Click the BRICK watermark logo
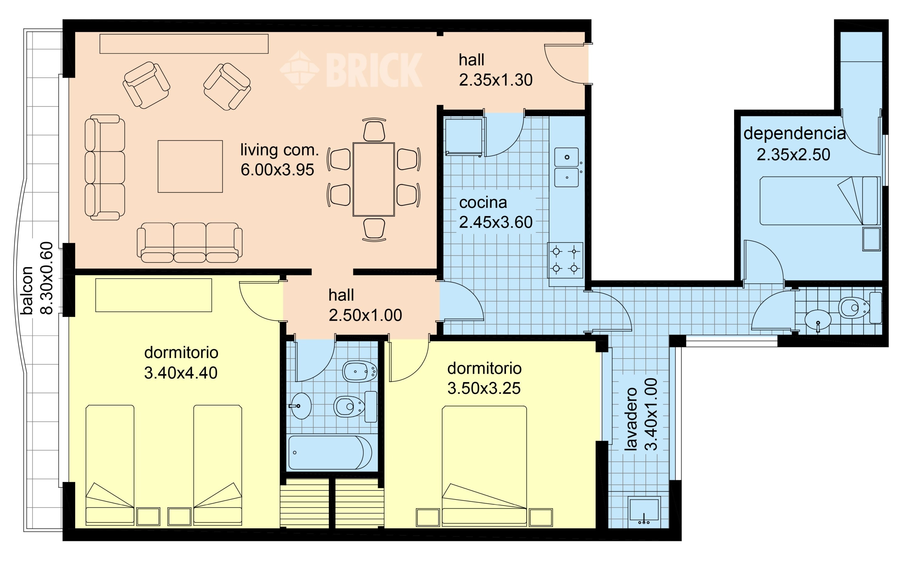[351, 70]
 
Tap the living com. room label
[280, 150]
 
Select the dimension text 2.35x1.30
[496, 80]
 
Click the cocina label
[483, 202]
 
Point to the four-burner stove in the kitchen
[565, 260]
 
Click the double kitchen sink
[567, 167]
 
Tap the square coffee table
[190, 166]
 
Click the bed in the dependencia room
[820, 201]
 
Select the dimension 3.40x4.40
[181, 373]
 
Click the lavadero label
[630, 419]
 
